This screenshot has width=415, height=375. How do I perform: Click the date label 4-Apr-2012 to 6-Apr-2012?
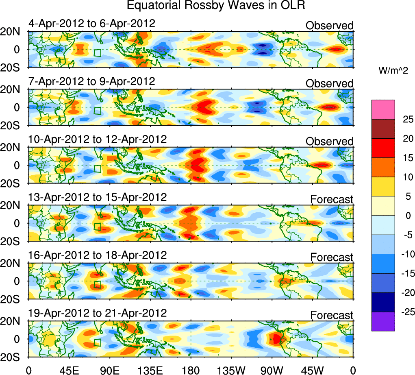tap(91, 23)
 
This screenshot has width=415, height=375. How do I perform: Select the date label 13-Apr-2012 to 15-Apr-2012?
tap(97, 197)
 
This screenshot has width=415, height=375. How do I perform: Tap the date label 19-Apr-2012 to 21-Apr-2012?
tap(97, 313)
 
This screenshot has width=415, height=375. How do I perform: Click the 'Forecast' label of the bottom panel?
tap(332, 315)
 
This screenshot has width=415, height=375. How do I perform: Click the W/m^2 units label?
tap(393, 70)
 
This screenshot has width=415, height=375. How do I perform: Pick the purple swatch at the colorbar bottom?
tap(383, 322)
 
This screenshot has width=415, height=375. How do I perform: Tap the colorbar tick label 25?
tap(405, 119)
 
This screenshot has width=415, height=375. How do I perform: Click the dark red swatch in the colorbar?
tap(383, 129)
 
